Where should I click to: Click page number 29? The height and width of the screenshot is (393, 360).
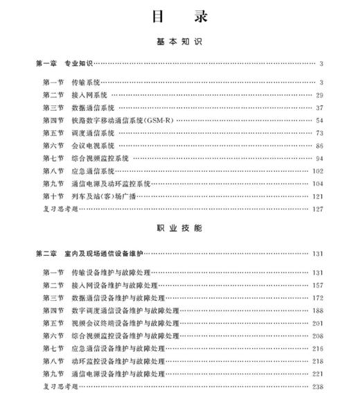[x=319, y=95]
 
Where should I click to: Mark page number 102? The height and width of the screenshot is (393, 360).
[x=318, y=171]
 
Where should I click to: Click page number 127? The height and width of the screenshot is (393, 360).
[x=318, y=209]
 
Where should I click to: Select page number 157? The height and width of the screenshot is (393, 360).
[x=318, y=285]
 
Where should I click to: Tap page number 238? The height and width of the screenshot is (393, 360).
[x=318, y=386]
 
